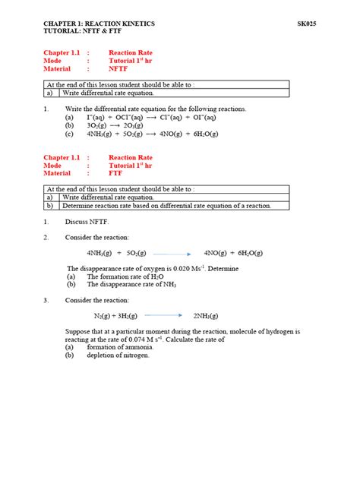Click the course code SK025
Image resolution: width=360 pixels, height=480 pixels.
[x=306, y=24]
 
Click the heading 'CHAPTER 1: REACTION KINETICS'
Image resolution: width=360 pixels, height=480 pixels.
[x=99, y=24]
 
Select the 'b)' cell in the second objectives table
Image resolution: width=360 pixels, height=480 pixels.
[x=51, y=206]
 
